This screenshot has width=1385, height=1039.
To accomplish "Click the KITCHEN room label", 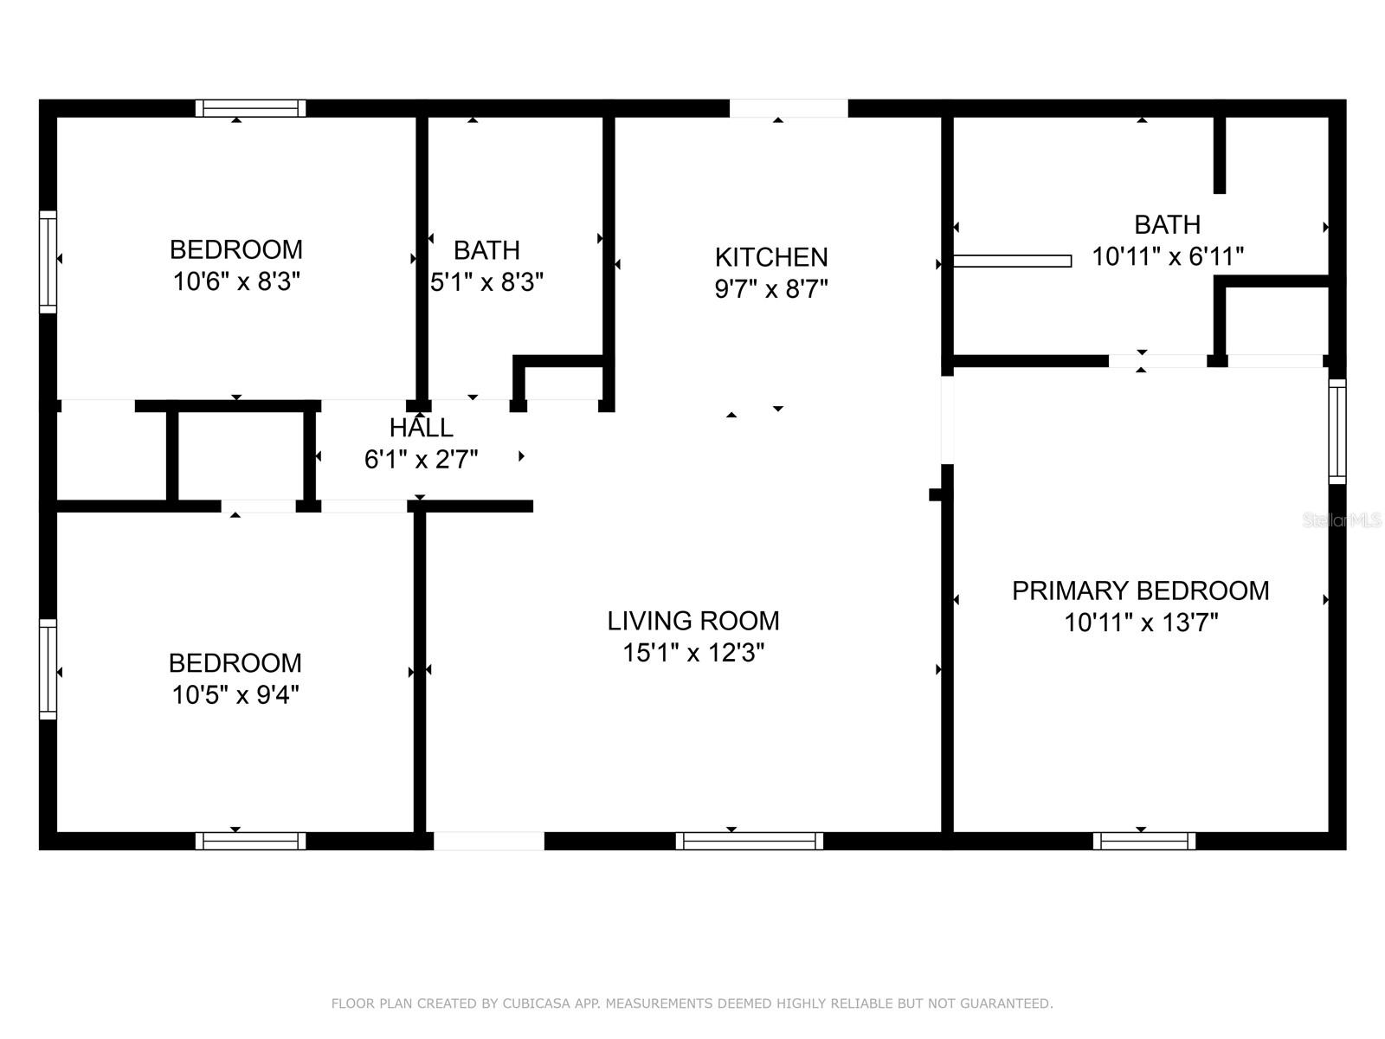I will [771, 257].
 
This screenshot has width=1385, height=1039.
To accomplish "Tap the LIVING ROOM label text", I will [692, 621].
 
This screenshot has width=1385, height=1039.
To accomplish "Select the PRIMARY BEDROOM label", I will [1140, 590].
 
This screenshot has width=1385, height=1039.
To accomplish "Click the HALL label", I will [421, 428].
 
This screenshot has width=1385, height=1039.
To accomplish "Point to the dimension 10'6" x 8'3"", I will [236, 281].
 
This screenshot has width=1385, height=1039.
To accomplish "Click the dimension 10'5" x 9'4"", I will [235, 695].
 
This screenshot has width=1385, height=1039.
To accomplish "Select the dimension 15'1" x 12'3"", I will [692, 653].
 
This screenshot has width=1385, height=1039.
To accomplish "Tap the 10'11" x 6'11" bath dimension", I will [1167, 257].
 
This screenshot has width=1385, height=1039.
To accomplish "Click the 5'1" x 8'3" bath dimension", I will [486, 282].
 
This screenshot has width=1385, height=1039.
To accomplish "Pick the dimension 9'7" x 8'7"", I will [771, 289].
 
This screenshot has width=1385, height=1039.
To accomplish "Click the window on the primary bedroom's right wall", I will [1337, 431].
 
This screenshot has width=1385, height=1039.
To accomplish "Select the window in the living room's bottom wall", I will [749, 841].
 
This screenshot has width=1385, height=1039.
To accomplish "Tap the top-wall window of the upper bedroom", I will [250, 108].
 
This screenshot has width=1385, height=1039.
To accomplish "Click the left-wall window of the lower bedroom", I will [48, 669].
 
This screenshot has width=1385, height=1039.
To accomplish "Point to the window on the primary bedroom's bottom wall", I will [1143, 841].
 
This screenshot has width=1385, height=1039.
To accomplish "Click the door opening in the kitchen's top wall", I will [789, 108].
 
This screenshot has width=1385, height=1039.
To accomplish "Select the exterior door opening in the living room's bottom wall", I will [489, 841].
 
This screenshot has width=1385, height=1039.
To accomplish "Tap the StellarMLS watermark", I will [1342, 520].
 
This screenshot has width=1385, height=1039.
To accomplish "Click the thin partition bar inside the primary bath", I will [1012, 261].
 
